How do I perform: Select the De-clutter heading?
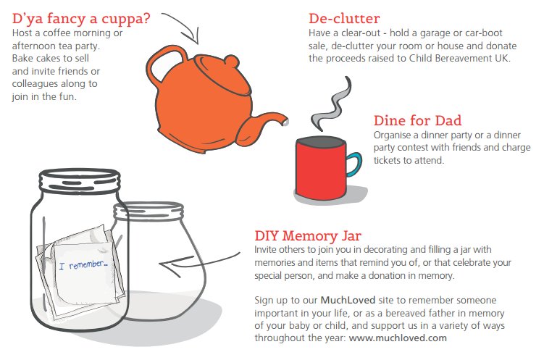[x=343, y=17]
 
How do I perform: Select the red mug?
[x=319, y=169]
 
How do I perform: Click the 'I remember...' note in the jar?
[x=81, y=265]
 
